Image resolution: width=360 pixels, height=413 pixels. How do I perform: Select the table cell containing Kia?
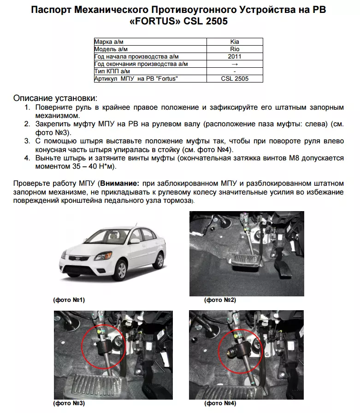pyautogui.click(x=235, y=41)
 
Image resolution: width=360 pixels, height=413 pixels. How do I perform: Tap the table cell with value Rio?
pyautogui.click(x=235, y=49)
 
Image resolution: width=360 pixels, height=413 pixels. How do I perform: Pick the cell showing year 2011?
pyautogui.click(x=235, y=56)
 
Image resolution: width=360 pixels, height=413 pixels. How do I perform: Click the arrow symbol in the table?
pyautogui.click(x=235, y=64)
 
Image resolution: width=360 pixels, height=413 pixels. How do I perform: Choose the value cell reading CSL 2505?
pyautogui.click(x=235, y=79)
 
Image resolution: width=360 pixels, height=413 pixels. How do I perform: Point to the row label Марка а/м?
pyautogui.click(x=110, y=41)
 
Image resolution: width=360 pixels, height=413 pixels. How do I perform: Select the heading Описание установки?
pyautogui.click(x=55, y=98)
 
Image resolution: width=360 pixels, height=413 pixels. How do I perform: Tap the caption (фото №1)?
pyautogui.click(x=69, y=300)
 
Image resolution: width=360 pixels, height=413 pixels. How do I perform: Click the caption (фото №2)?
pyautogui.click(x=220, y=300)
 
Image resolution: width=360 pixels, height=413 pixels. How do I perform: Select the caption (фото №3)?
pyautogui.click(x=69, y=403)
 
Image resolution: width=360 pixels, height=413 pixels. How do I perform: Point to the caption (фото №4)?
pyautogui.click(x=220, y=403)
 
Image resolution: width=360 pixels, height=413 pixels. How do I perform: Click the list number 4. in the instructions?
pyautogui.click(x=27, y=158)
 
